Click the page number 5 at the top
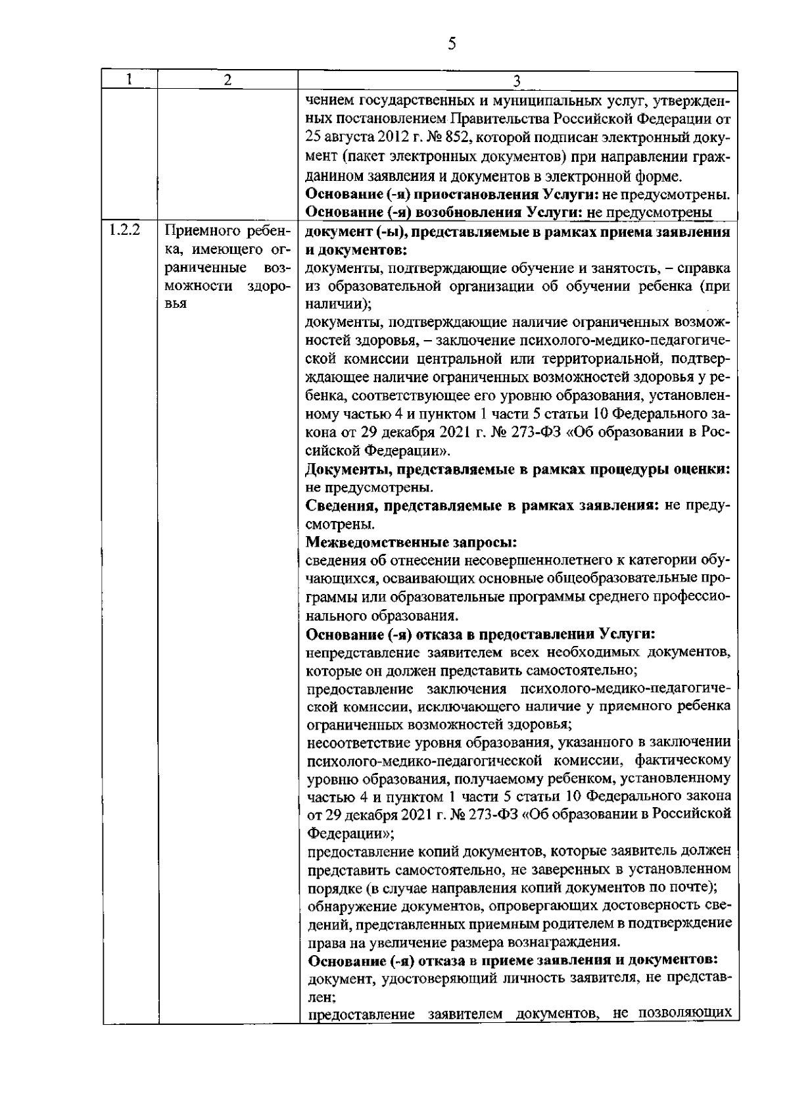pos(451,44)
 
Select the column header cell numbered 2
pos(227,80)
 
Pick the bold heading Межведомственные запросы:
pos(412,543)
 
